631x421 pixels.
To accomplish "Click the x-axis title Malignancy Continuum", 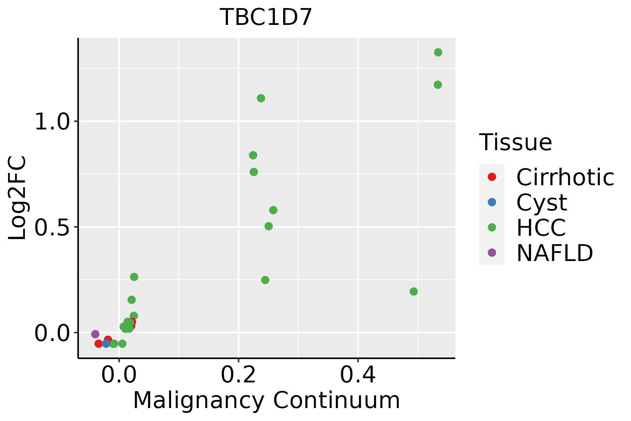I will pos(266,400).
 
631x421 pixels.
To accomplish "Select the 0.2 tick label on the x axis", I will pos(238,375).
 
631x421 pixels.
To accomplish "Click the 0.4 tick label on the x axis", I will pos(358,375).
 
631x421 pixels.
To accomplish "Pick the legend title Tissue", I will pos(515,142).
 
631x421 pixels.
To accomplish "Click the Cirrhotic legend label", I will pos(565,177).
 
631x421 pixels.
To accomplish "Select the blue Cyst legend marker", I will pos(492,202).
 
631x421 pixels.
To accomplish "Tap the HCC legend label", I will pos(541,227).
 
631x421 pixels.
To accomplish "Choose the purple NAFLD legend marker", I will pos(492,252).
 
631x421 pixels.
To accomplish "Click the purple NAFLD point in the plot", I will pos(95,334).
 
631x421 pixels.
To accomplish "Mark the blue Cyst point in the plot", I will pos(106,343).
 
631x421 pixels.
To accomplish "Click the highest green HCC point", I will pos(438,52).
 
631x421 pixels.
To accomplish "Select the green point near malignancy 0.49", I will pos(414,292).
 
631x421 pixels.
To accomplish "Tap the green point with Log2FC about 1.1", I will pos(261,98).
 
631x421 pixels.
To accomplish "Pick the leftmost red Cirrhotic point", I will pos(99,343).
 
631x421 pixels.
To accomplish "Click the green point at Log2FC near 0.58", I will pos(273,210).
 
